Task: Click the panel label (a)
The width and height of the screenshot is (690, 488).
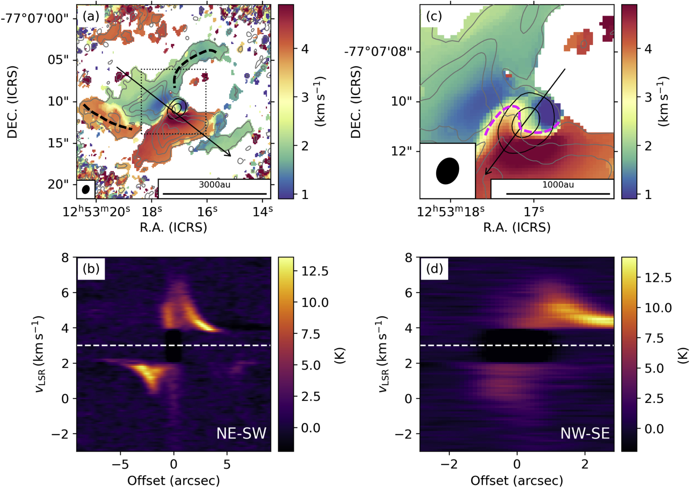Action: click(91, 16)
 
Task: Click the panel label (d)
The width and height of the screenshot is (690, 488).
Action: click(434, 269)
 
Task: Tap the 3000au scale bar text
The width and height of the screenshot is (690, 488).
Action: click(215, 185)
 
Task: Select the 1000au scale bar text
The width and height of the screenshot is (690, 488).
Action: click(558, 185)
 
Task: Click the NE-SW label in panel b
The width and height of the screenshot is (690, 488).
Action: click(241, 433)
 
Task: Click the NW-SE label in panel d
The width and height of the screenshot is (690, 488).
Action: click(585, 433)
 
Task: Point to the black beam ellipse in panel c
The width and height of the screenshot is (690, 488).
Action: click(448, 171)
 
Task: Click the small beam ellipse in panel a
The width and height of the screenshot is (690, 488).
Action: click(86, 189)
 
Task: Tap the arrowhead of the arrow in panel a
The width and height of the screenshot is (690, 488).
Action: click(229, 154)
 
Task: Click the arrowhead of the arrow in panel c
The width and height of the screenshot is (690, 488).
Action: click(487, 173)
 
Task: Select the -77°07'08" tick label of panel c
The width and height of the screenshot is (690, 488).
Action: click(378, 51)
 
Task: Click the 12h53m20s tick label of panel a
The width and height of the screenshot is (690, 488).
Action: click(96, 211)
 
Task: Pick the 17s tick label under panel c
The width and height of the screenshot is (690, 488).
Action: click(533, 211)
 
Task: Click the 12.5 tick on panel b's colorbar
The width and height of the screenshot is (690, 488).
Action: click(315, 271)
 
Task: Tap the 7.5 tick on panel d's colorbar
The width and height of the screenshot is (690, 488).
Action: click(654, 338)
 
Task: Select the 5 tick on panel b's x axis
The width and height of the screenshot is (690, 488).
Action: click(227, 464)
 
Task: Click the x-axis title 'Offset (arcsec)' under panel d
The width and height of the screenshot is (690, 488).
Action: click(516, 480)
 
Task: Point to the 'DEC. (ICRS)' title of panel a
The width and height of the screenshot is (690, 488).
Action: click(13, 102)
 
